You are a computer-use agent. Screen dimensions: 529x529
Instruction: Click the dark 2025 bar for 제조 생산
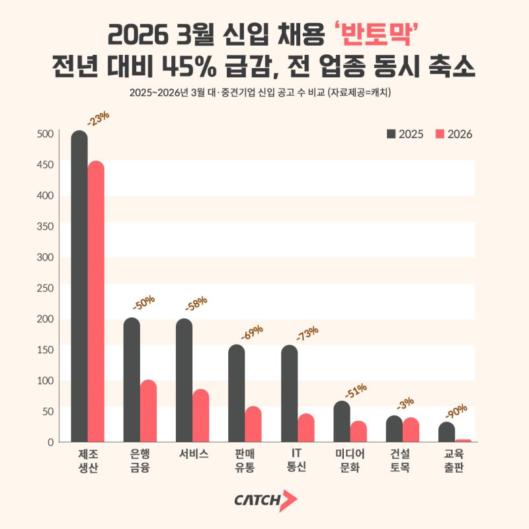[x=79, y=288]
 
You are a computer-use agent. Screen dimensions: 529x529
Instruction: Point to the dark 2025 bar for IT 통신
[x=290, y=394]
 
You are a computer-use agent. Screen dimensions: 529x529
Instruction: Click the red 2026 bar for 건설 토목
[x=411, y=430]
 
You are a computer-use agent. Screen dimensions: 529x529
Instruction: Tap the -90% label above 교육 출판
[x=456, y=412]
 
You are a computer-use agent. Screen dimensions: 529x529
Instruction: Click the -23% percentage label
[x=98, y=118]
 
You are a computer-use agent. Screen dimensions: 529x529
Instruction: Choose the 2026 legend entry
[x=454, y=134]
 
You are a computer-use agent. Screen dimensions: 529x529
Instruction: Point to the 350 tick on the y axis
[x=46, y=226]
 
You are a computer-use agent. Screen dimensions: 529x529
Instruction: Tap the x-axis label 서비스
[x=193, y=454]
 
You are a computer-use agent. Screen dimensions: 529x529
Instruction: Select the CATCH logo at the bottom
[x=264, y=501]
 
